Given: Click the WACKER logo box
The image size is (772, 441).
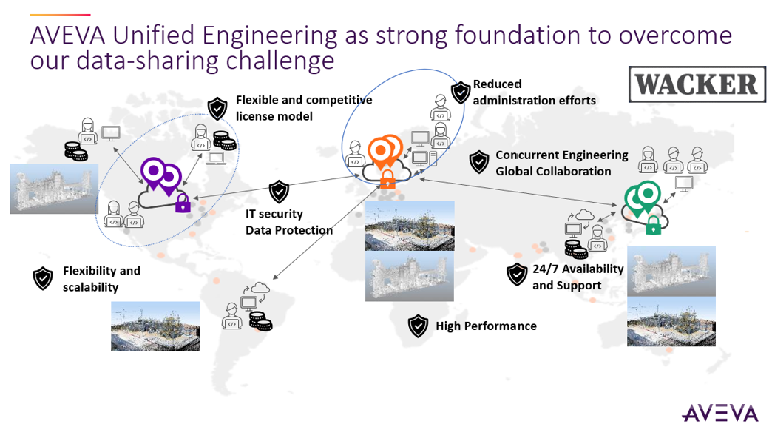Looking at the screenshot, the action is (x=697, y=84).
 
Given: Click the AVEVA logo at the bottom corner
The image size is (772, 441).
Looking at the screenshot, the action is (x=719, y=414).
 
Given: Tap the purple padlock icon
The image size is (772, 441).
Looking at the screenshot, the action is (x=183, y=203).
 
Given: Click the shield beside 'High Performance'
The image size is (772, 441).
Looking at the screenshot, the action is (x=418, y=326).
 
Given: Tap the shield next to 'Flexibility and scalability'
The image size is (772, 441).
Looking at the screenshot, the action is (x=43, y=279).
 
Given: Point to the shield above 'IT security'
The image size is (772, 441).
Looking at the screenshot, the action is (x=280, y=192).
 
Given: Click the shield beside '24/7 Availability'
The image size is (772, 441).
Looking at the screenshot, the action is (x=517, y=275).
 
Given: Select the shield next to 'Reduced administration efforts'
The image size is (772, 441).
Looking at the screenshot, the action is (x=461, y=92).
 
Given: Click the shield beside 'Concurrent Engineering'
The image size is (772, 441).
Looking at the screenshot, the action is (x=478, y=163).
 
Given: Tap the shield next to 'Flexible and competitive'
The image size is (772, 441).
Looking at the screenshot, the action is (x=217, y=109).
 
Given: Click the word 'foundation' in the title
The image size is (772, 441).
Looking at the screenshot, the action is (x=517, y=36).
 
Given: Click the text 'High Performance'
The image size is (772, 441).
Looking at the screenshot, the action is (x=486, y=326).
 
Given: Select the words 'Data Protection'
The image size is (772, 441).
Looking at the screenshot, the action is (x=289, y=231).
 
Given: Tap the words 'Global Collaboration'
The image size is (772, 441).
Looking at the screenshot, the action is (x=553, y=172).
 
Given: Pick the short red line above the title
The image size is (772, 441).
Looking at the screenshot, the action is (x=60, y=15).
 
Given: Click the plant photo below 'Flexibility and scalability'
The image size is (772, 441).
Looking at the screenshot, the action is (x=155, y=326).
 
